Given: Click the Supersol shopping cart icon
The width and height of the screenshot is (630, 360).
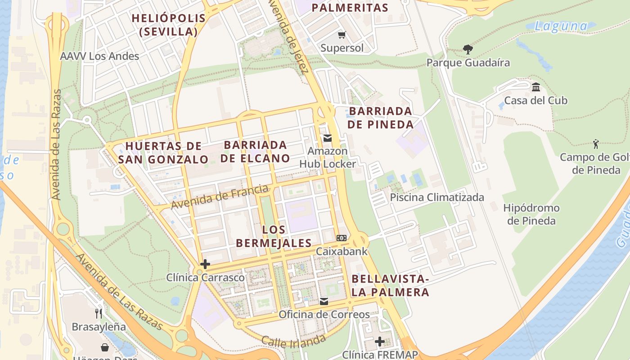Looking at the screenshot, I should (x=342, y=35).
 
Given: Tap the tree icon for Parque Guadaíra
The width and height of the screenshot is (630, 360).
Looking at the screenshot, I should (x=468, y=49).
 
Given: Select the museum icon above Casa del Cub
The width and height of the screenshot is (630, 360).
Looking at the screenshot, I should (x=535, y=87).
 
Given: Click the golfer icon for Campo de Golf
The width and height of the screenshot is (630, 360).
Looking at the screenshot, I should (x=596, y=144).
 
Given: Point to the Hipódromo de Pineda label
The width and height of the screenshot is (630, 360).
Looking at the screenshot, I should (x=531, y=214).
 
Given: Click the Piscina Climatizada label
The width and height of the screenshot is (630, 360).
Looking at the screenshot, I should (x=437, y=197).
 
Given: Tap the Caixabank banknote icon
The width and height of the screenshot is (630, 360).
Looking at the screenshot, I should (x=342, y=238).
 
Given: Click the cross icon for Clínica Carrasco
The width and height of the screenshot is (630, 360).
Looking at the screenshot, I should (x=205, y=264).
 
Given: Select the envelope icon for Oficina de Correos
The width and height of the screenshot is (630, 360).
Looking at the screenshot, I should (x=324, y=301).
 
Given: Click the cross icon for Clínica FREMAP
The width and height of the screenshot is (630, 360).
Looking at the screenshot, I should (x=380, y=342).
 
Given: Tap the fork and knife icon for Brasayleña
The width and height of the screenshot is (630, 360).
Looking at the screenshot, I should (x=99, y=313).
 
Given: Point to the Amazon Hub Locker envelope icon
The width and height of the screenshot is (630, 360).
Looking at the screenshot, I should (x=328, y=138).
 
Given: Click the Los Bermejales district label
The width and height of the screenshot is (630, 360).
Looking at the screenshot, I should (x=274, y=236).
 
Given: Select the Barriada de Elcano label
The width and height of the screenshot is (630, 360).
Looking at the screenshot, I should (x=255, y=152).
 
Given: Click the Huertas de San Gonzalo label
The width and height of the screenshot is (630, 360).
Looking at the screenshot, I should (x=163, y=153).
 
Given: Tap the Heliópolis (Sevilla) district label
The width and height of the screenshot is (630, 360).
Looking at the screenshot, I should (x=169, y=25).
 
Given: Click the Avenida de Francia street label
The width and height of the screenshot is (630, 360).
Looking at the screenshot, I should (x=220, y=197).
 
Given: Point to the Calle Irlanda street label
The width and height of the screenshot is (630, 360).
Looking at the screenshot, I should (x=293, y=341).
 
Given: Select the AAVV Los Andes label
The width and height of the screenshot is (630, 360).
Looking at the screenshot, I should (x=99, y=56).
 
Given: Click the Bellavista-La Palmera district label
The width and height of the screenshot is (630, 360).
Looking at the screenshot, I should (x=390, y=285).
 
